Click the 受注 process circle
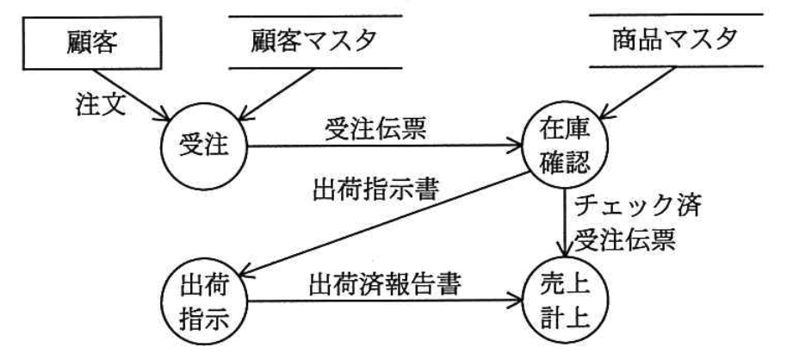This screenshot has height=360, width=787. [x=204, y=144]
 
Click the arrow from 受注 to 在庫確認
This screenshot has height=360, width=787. [x=379, y=146]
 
